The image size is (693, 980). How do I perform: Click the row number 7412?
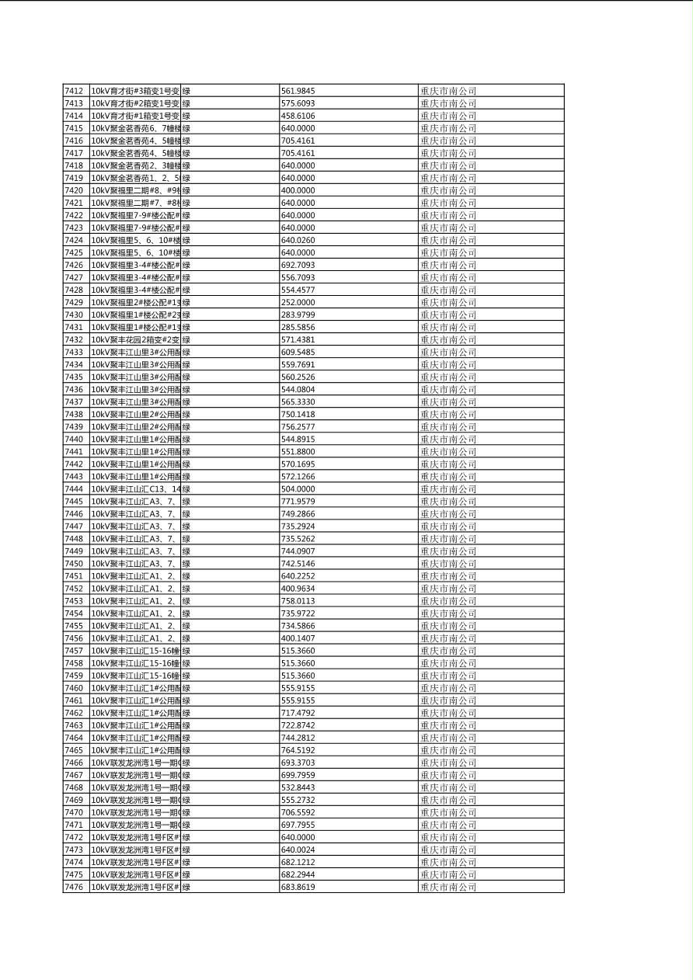click(73, 91)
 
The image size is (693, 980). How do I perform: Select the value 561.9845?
click(298, 91)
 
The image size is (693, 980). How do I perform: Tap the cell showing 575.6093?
click(298, 103)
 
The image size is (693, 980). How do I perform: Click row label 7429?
click(73, 302)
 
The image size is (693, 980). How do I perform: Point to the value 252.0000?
click(298, 302)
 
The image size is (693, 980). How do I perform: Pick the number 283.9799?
click(298, 315)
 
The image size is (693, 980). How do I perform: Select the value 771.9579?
click(298, 502)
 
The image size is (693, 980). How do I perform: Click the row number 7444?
click(73, 489)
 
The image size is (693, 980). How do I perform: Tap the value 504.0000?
click(298, 489)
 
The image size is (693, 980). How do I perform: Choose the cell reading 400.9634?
click(298, 589)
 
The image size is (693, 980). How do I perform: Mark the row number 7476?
click(73, 887)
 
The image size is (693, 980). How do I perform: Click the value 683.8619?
click(298, 887)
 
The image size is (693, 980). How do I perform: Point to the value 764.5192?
click(298, 750)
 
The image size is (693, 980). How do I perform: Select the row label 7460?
click(73, 688)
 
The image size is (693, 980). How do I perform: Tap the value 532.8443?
click(298, 787)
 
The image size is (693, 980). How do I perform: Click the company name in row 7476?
click(448, 887)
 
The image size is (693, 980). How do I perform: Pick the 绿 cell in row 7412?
click(186, 91)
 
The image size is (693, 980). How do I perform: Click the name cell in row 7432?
click(135, 339)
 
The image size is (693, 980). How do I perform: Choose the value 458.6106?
click(298, 116)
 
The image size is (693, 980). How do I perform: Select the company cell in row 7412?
click(448, 91)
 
